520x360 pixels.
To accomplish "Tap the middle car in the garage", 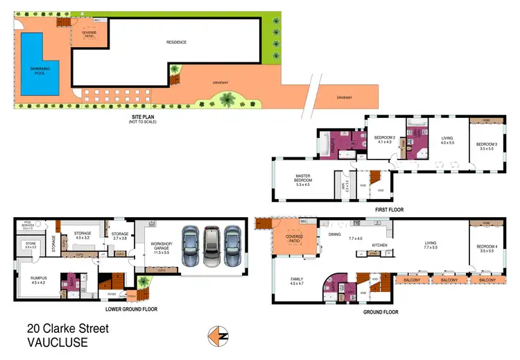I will tap(211, 246).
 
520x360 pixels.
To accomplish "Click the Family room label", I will tap(297, 280).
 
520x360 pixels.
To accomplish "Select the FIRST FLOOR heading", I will tap(389, 209).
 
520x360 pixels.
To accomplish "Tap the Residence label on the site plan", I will tap(176, 43).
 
